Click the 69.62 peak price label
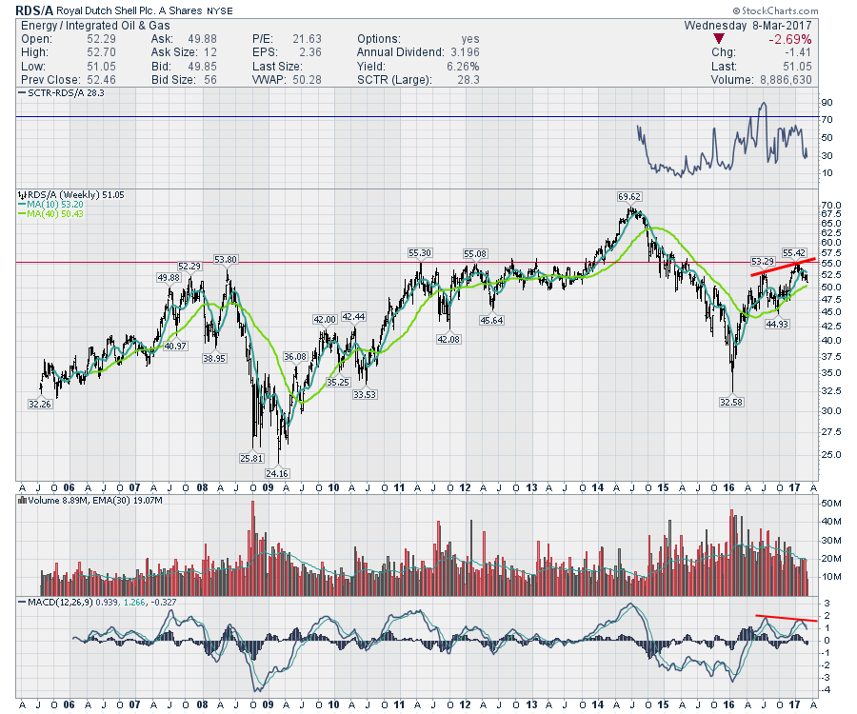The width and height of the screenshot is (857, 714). click(x=628, y=196)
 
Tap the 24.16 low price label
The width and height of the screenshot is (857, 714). click(x=277, y=473)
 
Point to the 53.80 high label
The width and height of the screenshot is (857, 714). click(x=226, y=259)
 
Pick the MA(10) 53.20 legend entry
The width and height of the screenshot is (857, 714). click(x=50, y=204)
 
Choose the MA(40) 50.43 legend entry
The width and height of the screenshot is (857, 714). click(x=50, y=213)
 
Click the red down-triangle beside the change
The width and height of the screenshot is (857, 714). click(x=719, y=39)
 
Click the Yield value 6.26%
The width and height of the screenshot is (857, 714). click(x=461, y=67)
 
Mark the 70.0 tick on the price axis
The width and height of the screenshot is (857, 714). click(x=828, y=206)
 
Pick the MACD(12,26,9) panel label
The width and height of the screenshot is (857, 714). click(x=58, y=604)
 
